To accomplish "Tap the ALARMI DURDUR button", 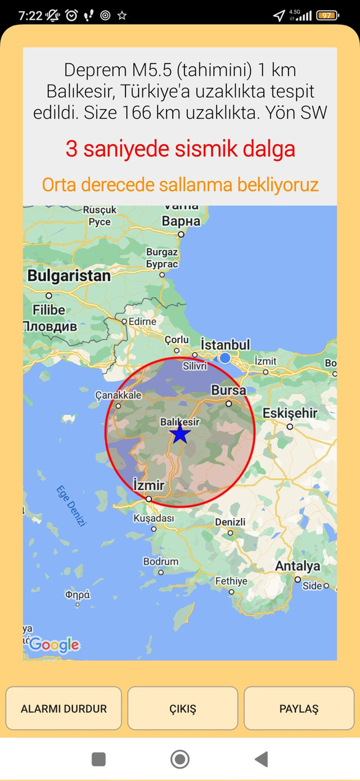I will (64, 708).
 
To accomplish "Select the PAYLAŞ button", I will (299, 708).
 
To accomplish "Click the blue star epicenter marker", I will (179, 434).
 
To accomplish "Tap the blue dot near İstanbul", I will (225, 358).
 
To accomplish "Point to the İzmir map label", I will (148, 485).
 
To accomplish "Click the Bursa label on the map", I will (228, 390).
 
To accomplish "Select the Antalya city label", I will (297, 566).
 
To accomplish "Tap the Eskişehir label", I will (290, 413).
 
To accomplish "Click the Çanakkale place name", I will (118, 395).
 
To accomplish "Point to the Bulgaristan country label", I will (69, 276).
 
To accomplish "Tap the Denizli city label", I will (230, 522).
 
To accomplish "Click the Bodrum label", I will (161, 562).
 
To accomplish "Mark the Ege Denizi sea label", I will (71, 505).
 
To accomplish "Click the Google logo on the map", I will (54, 645).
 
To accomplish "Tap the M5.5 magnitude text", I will (154, 70).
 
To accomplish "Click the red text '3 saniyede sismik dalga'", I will (180, 149).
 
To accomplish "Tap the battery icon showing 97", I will (327, 15).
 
